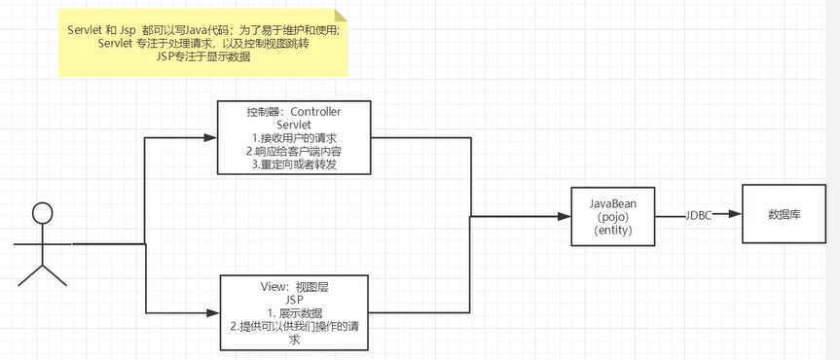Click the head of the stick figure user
click(42, 212)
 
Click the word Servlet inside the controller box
click(294, 126)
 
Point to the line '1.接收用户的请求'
click(294, 139)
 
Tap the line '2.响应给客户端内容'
click(294, 153)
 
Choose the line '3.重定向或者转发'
click(294, 165)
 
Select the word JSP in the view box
click(294, 300)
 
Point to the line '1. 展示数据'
click(294, 313)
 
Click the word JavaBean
click(613, 201)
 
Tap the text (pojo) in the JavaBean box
click(613, 216)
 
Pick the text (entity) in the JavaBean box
click(613, 230)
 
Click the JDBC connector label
click(699, 216)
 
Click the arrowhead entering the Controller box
click(209, 138)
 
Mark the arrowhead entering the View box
click(213, 312)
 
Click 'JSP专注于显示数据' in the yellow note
click(202, 56)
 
